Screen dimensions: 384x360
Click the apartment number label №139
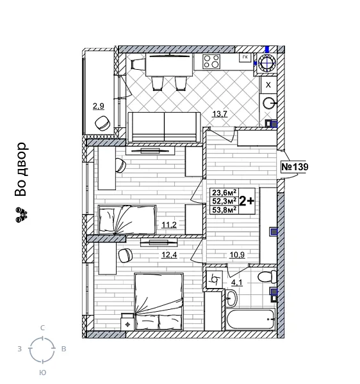pos(295,168)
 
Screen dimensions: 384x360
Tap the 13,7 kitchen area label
pos(220,115)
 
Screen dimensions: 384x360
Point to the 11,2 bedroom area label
pos(168,225)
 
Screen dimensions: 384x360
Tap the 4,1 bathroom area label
pos(237,283)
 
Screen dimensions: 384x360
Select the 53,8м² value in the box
pos(224,208)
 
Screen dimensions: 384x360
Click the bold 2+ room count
pos(247,200)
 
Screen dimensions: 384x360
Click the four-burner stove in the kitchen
pos(211,62)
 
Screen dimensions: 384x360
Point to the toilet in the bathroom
pos(264,278)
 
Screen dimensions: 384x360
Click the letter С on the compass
pos(42,328)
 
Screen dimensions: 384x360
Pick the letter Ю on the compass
pos(42,371)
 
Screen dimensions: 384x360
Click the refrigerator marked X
pos(268,84)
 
